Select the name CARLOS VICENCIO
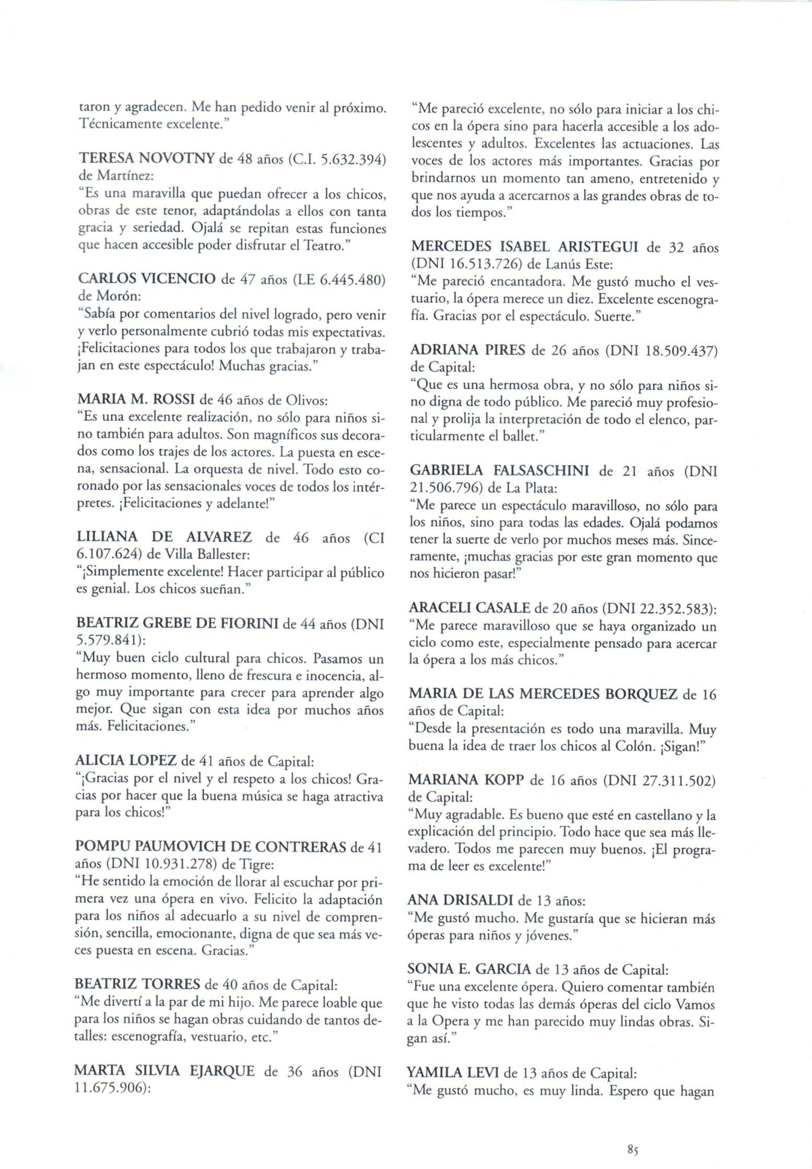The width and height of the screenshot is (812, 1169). (146, 280)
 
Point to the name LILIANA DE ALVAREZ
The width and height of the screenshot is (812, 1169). (164, 536)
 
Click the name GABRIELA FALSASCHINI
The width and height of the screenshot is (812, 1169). (499, 471)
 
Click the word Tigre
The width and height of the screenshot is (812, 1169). (256, 863)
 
